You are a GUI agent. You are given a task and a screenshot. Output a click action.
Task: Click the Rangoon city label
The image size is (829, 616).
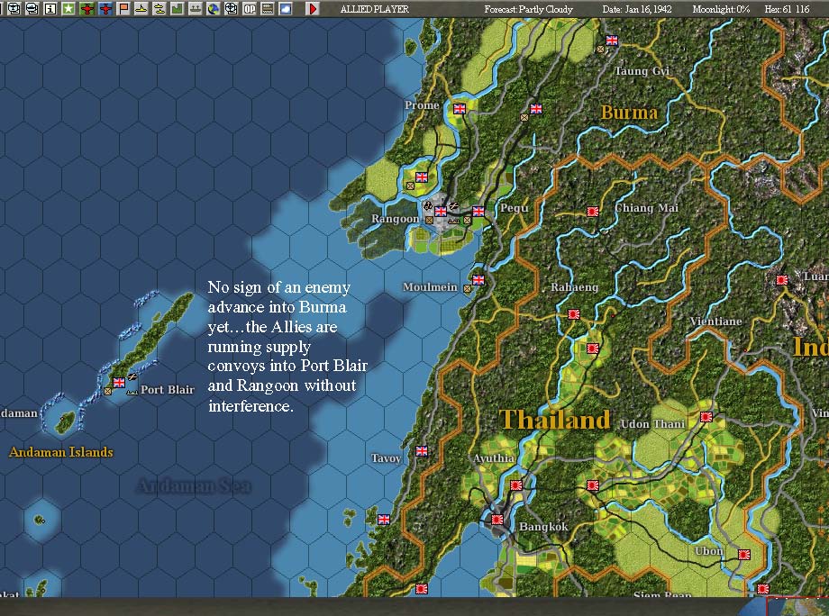tap(396, 219)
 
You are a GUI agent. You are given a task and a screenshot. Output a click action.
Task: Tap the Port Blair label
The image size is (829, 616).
tap(168, 390)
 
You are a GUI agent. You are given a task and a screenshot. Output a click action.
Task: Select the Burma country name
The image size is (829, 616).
tap(629, 113)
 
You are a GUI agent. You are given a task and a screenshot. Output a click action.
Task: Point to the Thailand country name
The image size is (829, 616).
tap(555, 420)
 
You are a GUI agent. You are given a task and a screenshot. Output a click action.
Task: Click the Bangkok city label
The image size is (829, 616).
tap(543, 527)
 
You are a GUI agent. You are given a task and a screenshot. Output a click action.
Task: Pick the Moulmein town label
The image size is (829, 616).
tap(431, 288)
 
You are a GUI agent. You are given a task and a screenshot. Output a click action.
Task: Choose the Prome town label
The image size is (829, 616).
tap(422, 105)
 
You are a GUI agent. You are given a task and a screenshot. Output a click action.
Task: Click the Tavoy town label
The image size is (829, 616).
tap(386, 458)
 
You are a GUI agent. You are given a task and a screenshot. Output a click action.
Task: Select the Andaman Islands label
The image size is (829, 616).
tap(61, 452)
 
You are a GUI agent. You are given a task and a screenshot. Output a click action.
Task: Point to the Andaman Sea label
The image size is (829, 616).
tap(193, 487)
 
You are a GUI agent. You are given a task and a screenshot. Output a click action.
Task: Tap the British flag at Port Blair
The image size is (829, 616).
tap(118, 383)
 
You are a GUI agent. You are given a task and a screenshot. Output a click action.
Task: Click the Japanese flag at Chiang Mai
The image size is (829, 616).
tap(592, 212)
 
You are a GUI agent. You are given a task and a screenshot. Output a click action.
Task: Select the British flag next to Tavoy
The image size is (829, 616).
tap(422, 451)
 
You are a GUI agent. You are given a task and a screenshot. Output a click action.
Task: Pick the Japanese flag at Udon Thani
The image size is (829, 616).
tap(706, 417)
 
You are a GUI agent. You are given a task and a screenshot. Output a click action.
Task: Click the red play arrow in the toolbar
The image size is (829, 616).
tap(312, 8)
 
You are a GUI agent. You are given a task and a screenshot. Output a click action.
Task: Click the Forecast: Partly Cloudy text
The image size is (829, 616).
tap(528, 9)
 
